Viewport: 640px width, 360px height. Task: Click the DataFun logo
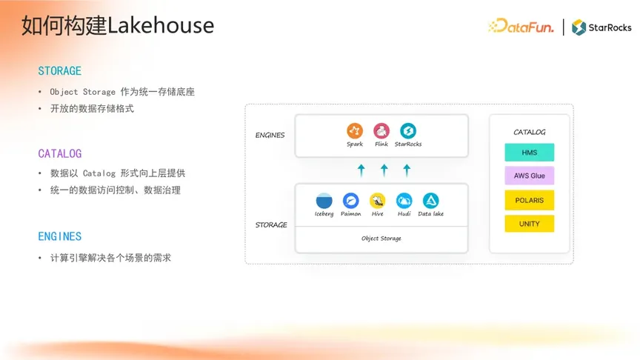tap(521, 26)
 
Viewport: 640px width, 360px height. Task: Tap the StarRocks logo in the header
tap(601, 27)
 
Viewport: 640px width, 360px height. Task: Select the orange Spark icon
tap(355, 130)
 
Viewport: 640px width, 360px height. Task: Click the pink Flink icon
tap(381, 130)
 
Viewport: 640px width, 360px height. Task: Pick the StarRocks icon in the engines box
tap(407, 130)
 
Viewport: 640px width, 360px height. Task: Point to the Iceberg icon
tap(324, 201)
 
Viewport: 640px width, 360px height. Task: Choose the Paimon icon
tap(350, 201)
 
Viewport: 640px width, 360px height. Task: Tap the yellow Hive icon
tap(378, 201)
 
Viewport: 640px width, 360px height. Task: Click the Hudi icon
tap(404, 201)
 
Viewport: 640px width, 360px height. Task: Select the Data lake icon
tap(430, 201)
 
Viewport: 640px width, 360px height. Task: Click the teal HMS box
tap(530, 153)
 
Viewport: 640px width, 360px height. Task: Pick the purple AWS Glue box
tap(530, 176)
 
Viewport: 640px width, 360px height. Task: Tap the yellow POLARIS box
tap(530, 200)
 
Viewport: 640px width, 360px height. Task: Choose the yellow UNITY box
tap(530, 224)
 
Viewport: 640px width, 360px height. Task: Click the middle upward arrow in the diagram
tap(384, 170)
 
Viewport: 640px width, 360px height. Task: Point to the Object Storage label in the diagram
tap(381, 239)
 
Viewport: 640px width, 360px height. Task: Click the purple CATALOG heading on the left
tap(60, 153)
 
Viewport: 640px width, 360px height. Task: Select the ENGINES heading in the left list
tap(59, 236)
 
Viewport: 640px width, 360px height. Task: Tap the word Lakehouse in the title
tap(161, 25)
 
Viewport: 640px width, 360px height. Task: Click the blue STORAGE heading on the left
tap(59, 71)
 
